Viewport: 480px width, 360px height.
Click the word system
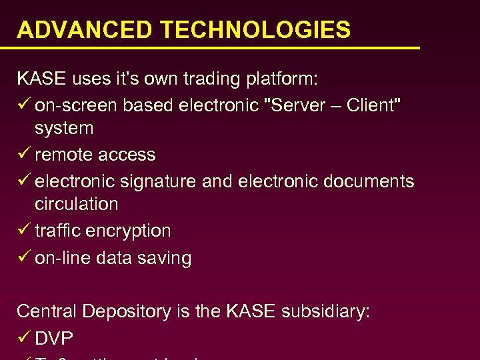pos(64,129)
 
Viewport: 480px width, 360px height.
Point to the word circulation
pos(76,204)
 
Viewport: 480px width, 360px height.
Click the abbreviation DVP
pos(53,339)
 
